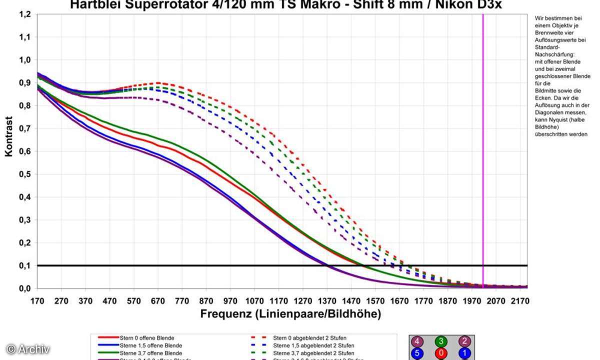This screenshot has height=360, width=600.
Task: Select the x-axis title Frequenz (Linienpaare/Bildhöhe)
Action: coord(290,314)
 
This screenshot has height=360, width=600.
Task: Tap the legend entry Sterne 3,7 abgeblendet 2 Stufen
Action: coord(310,352)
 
